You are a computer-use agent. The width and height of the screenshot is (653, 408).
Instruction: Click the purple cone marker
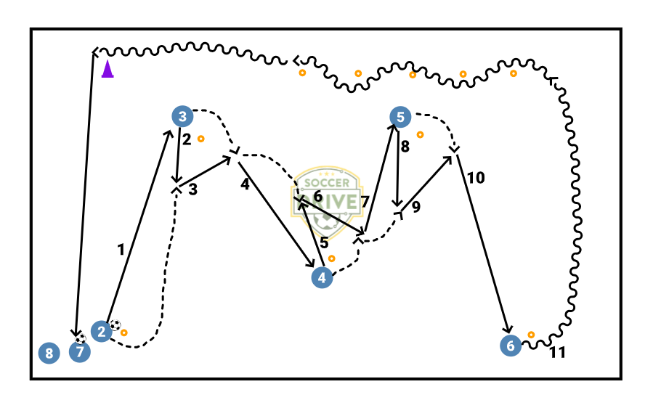(108, 70)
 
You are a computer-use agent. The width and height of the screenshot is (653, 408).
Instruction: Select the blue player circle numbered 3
(182, 116)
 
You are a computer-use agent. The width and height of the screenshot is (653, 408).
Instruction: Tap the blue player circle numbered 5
(400, 116)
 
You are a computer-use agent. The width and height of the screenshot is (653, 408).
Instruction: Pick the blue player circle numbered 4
(322, 277)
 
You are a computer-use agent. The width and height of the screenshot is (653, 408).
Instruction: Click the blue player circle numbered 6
(511, 346)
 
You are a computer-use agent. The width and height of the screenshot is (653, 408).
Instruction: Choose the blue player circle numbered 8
(49, 354)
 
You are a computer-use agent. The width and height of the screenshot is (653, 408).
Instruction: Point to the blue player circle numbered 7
(80, 354)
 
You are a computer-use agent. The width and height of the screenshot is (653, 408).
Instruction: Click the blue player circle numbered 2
(102, 332)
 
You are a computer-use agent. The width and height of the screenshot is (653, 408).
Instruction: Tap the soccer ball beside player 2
(115, 326)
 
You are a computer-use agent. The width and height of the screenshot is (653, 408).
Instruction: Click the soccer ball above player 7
(80, 338)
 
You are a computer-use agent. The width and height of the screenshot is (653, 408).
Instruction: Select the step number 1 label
(121, 249)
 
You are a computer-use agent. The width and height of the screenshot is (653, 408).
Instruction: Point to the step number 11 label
(557, 354)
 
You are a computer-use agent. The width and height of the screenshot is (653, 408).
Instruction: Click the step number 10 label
(476, 177)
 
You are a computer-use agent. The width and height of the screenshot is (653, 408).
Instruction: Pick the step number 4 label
(245, 184)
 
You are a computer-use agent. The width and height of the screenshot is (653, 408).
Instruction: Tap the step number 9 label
(415, 207)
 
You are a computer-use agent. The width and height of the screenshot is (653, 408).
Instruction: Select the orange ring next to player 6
(531, 335)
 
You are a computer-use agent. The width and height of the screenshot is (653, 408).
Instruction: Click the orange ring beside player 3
(200, 138)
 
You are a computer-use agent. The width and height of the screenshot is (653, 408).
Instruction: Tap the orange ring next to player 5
(420, 134)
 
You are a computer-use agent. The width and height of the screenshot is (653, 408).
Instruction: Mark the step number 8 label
(405, 146)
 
